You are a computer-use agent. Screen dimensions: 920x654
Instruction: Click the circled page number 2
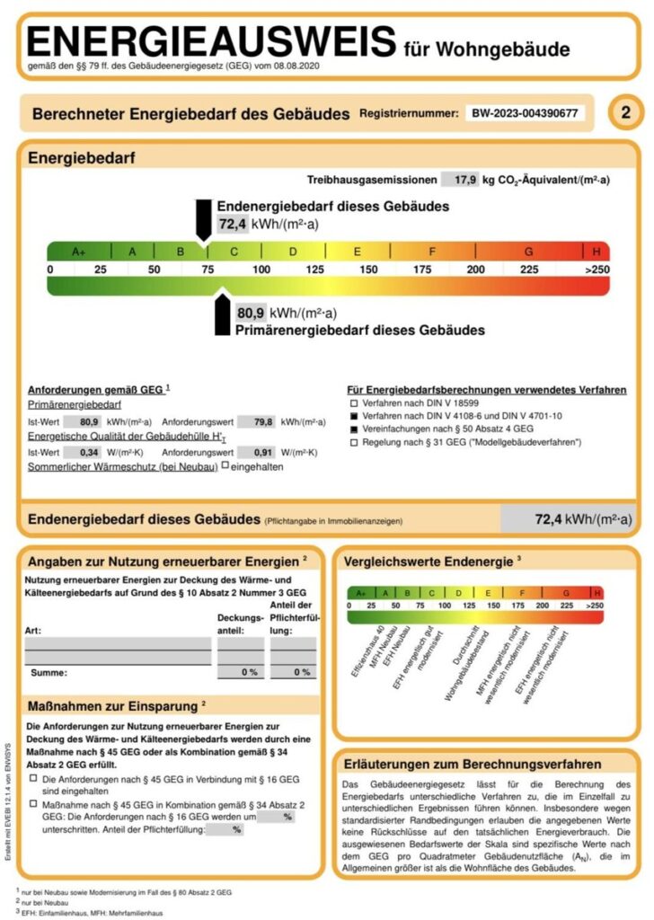pos(626,113)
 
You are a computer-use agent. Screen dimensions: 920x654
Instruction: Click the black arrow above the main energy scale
pos(204,221)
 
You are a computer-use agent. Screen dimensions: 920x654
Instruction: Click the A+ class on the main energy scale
pos(78,252)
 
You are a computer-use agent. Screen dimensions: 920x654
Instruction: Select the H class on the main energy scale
pos(597,252)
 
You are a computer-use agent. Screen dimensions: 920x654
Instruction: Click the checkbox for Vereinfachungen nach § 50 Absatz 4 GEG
pos(355,430)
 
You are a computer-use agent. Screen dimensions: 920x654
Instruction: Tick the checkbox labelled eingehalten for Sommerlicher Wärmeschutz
pos(225,466)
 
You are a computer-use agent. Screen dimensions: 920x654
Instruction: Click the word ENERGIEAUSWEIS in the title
pos(212,43)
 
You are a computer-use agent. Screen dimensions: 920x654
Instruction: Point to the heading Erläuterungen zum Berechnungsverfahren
pos(473,764)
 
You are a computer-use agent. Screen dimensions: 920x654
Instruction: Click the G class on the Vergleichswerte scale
pos(566,593)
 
